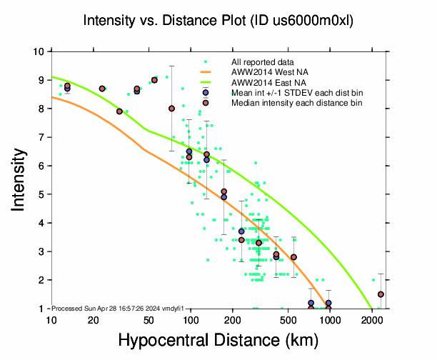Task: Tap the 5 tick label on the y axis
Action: click(43, 194)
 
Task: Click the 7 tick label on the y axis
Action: click(43, 137)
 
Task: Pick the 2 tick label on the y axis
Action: click(43, 280)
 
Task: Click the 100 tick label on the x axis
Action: click(190, 319)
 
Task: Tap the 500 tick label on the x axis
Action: click(288, 319)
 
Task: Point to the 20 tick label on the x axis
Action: click(93, 319)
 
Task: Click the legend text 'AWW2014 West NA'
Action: click(264, 72)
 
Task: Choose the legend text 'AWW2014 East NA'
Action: click(263, 82)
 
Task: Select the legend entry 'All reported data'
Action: click(261, 62)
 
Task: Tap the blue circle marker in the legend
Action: click(206, 93)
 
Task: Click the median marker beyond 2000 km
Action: click(381, 294)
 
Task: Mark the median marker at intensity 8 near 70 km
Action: click(171, 109)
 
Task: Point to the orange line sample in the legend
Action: click(206, 72)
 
